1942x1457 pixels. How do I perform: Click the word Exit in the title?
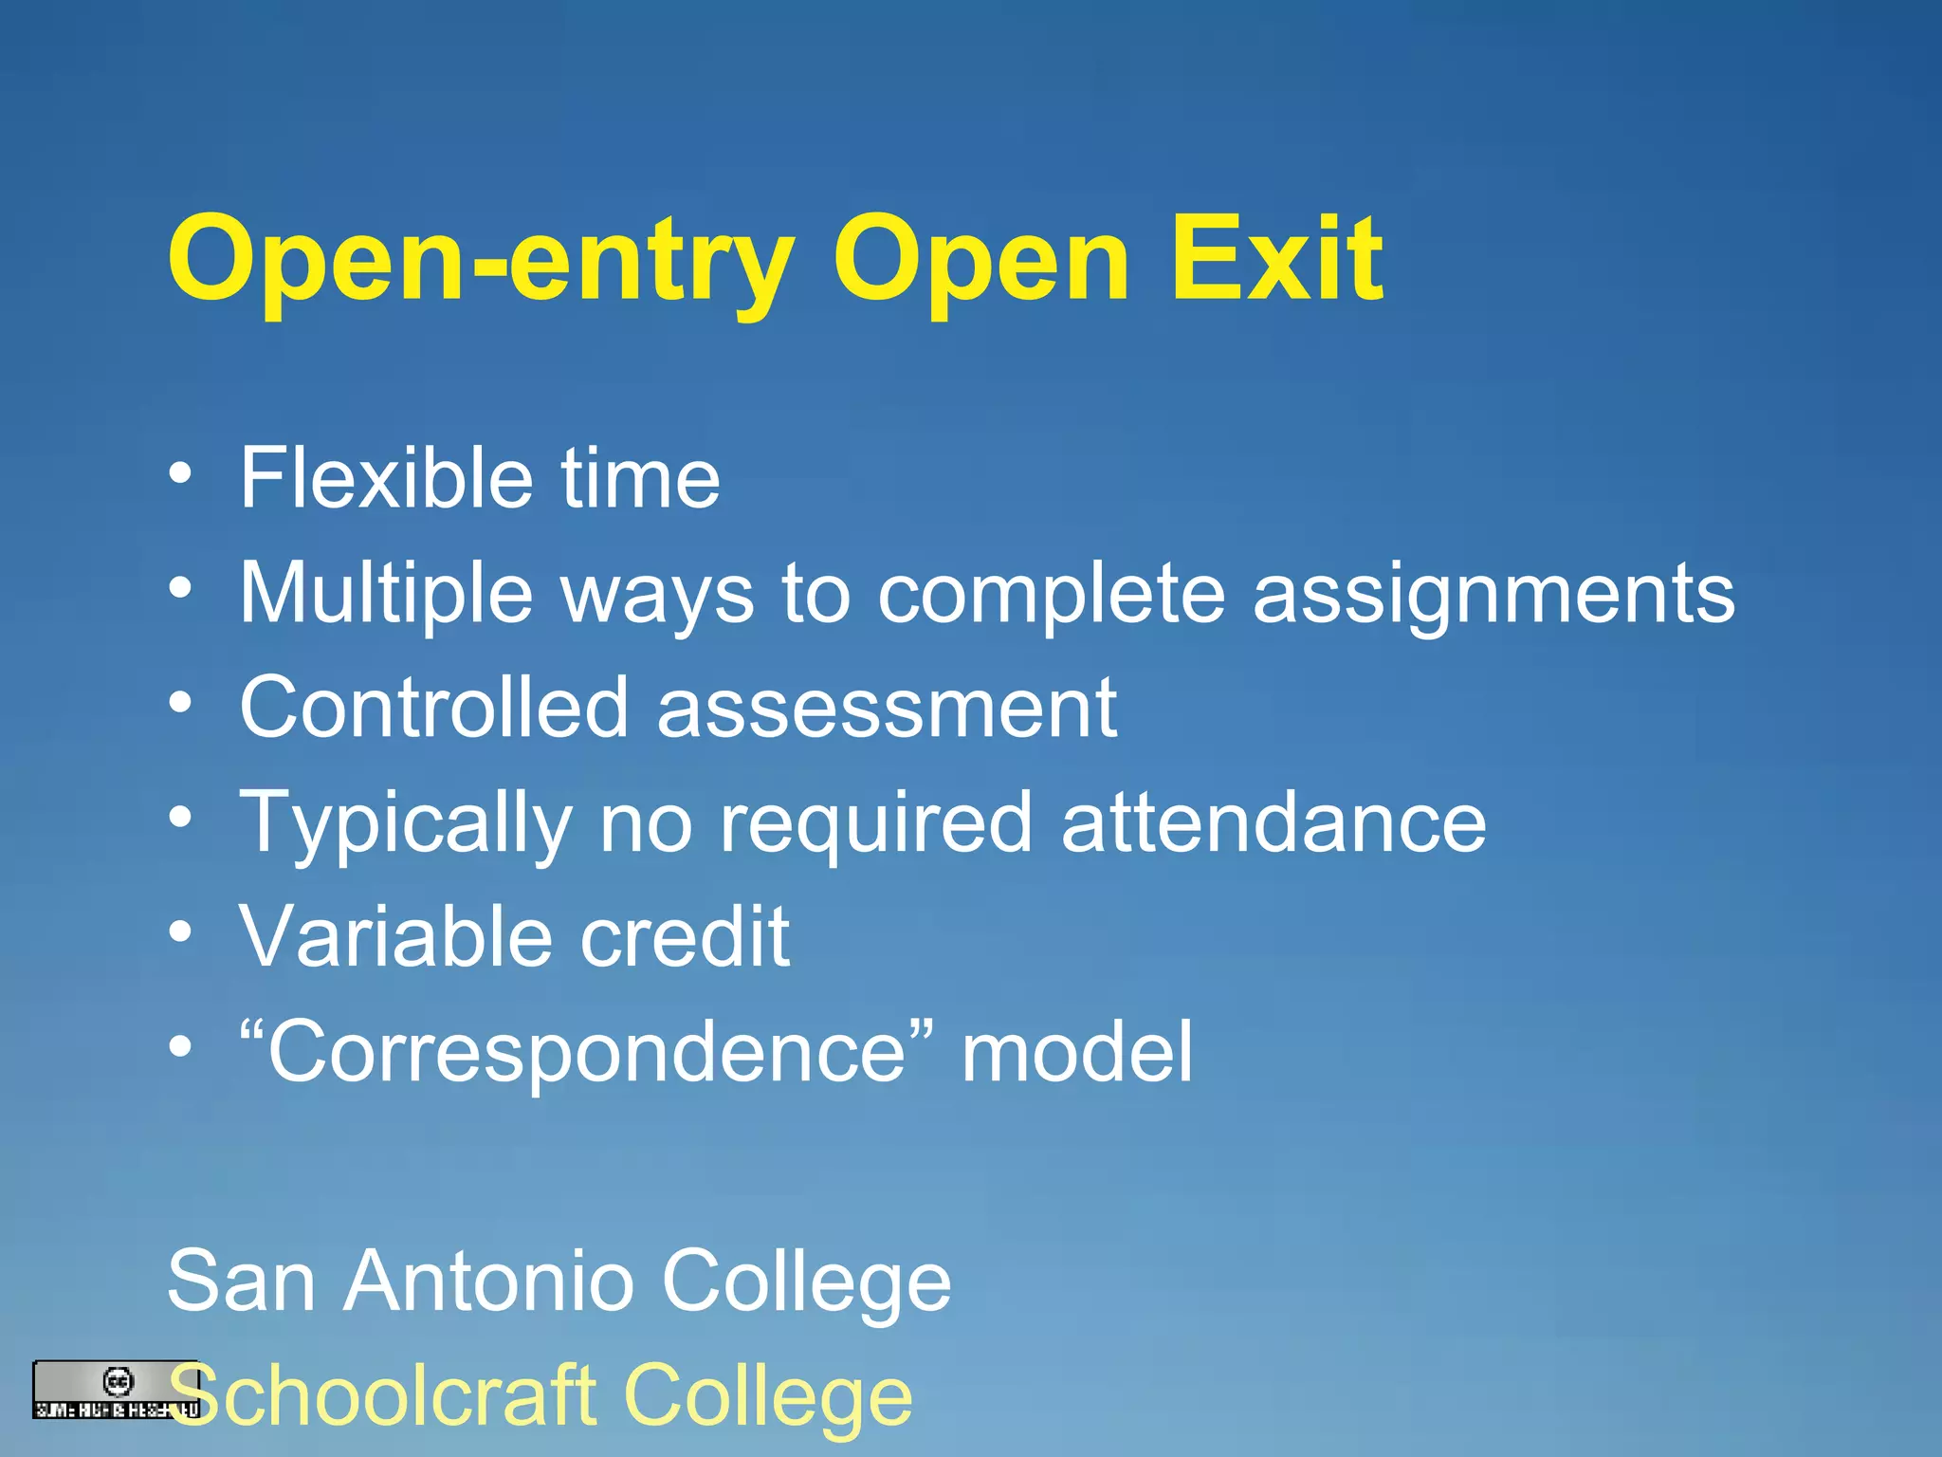click(1276, 258)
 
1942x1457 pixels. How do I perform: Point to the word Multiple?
click(386, 595)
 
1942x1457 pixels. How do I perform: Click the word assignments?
click(1493, 595)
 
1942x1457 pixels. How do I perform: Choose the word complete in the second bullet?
click(1052, 595)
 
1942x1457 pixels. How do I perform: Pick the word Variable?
click(394, 936)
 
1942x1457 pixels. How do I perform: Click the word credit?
click(685, 936)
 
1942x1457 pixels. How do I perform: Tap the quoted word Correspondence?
click(587, 1053)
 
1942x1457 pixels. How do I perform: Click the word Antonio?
click(488, 1281)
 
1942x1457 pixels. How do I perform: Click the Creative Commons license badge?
click(117, 1390)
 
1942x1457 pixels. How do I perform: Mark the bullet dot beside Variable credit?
click(180, 932)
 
